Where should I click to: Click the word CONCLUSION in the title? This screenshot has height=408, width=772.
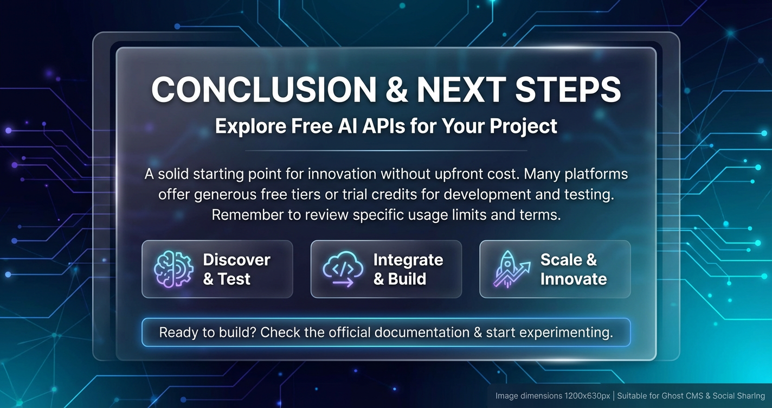pyautogui.click(x=264, y=90)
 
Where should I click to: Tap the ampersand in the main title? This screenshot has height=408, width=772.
pyautogui.click(x=397, y=90)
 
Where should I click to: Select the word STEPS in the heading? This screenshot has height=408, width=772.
pyautogui.click(x=568, y=90)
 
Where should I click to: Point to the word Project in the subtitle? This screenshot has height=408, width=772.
pyautogui.click(x=524, y=126)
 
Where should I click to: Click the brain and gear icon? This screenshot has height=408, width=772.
pyautogui.click(x=173, y=269)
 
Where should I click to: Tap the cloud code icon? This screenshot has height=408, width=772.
pyautogui.click(x=343, y=269)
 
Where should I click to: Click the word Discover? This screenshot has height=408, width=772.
pyautogui.click(x=236, y=260)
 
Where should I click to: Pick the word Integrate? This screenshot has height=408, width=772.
pyautogui.click(x=408, y=260)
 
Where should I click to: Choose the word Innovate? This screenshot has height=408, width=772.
pyautogui.click(x=574, y=279)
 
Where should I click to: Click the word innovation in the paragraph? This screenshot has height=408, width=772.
pyautogui.click(x=342, y=174)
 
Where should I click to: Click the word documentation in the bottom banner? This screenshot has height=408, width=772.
pyautogui.click(x=422, y=333)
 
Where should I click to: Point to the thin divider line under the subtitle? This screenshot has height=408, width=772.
pyautogui.click(x=386, y=151)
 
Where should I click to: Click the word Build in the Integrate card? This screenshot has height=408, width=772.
pyautogui.click(x=407, y=279)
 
